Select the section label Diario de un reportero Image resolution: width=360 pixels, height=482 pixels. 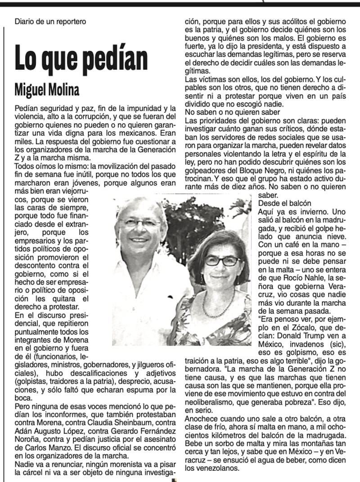pos(50,21)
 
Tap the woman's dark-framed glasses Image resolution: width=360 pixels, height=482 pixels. pos(222,260)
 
